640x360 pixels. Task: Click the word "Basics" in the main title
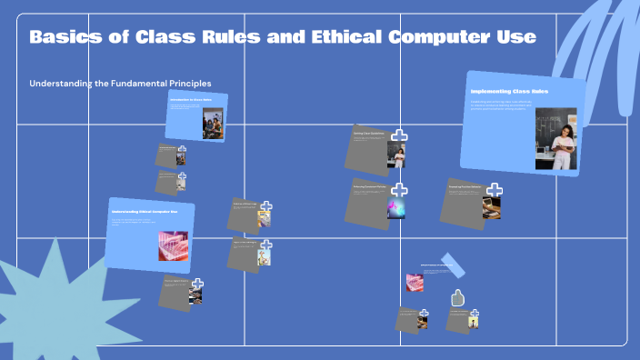pyautogui.click(x=65, y=37)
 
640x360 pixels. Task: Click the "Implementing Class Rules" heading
pyautogui.click(x=509, y=92)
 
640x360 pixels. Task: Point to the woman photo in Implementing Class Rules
pyautogui.click(x=555, y=138)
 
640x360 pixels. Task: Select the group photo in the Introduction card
pyautogui.click(x=212, y=123)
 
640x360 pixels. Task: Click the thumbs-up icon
pyautogui.click(x=458, y=297)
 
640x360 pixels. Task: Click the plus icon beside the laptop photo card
pyautogui.click(x=494, y=190)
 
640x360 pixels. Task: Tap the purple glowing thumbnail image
pyautogui.click(x=396, y=208)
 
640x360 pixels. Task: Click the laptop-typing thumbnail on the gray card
pyautogui.click(x=491, y=207)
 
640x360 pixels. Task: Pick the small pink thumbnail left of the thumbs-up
pyautogui.click(x=414, y=282)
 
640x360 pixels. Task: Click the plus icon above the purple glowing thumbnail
pyautogui.click(x=399, y=190)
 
